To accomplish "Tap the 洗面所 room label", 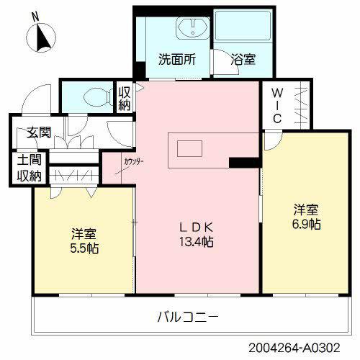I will (177, 60).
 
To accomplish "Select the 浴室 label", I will (242, 60).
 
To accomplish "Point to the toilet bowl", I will (92, 98).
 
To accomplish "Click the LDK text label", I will (196, 228).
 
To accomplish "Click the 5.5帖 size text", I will (84, 248).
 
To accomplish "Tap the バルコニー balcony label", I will (187, 316).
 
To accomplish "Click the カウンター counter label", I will (133, 161).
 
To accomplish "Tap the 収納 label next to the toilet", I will (125, 99).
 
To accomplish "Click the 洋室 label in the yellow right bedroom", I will (306, 210).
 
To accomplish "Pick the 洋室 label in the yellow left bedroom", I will (84, 234).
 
